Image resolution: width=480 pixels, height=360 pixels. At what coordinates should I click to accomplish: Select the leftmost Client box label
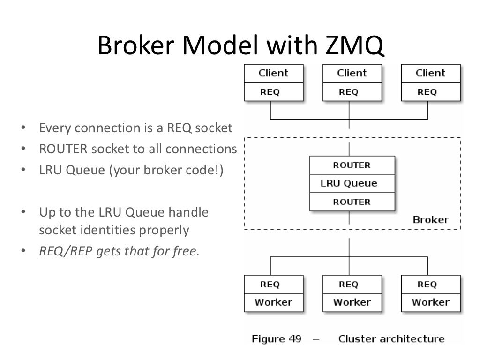pos(273,73)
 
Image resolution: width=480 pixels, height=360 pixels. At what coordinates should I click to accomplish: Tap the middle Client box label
pos(352,73)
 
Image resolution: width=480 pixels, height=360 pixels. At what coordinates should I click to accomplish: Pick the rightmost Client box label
pos(430,73)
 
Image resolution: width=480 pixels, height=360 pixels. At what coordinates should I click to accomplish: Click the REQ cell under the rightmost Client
pos(427,92)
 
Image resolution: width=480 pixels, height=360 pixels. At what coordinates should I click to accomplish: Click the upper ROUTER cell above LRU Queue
pos(352,165)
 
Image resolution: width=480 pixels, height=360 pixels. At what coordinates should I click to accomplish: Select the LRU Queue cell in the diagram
pos(349,183)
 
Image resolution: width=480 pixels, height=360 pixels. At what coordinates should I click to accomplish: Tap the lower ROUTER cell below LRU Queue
pos(352,202)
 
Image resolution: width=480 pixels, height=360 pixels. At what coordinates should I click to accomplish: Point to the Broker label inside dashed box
pos(430,219)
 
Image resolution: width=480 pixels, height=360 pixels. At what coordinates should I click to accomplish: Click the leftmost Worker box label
pos(273,302)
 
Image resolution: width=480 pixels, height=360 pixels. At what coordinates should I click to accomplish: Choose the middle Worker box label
pos(352,302)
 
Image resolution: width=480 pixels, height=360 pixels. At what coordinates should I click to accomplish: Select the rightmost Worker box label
pos(430,302)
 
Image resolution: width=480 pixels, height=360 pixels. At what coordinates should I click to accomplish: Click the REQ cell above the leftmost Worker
pos(270,284)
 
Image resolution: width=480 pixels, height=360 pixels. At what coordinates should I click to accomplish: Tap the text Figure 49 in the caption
pos(277,339)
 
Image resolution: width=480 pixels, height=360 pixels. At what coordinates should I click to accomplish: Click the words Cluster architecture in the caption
pos(391,339)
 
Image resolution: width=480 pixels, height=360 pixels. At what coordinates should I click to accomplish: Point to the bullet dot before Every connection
pos(22,128)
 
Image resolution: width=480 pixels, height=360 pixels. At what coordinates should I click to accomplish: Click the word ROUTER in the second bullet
pos(63,149)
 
